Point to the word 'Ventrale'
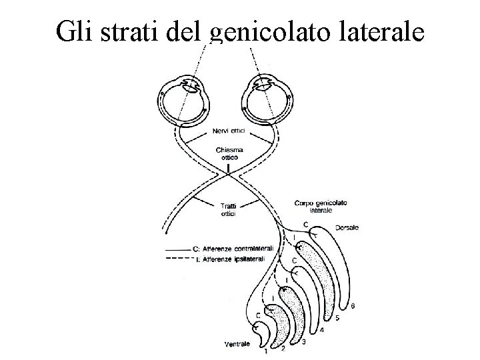[237, 344]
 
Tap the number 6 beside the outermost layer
[353, 307]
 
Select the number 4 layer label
[322, 329]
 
